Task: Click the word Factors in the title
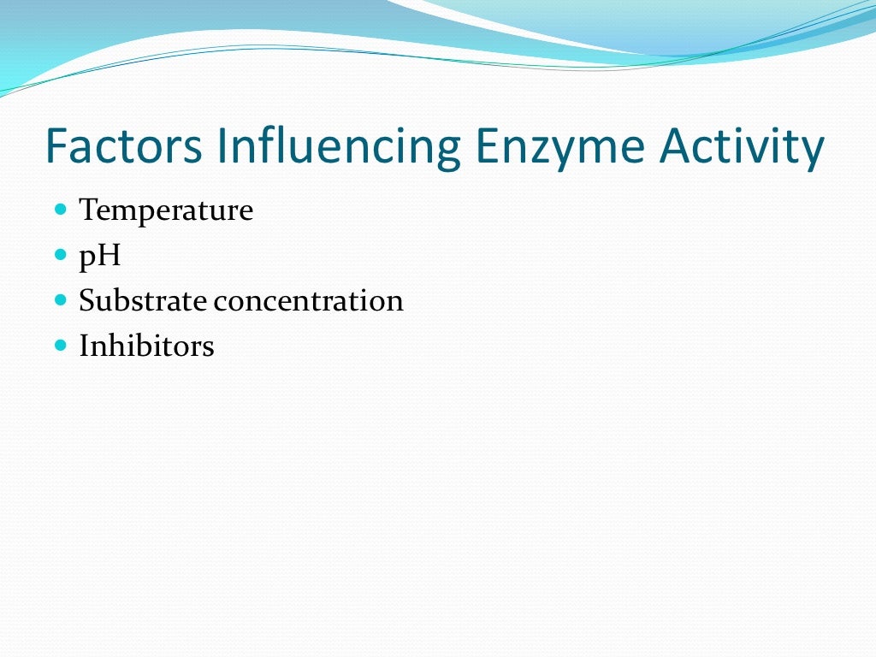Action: pos(124,146)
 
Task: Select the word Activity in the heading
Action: pos(743,146)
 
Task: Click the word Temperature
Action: pos(166,210)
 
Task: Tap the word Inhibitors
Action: pos(146,346)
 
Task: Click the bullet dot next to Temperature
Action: pos(60,209)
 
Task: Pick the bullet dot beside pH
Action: pos(60,254)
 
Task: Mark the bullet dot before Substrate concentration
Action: pos(60,300)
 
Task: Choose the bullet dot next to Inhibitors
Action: pos(60,346)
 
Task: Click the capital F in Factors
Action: pos(56,146)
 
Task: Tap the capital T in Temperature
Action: pos(88,210)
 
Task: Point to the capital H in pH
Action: pos(109,255)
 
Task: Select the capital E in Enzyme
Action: pos(485,146)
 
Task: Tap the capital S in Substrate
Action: pos(86,301)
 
